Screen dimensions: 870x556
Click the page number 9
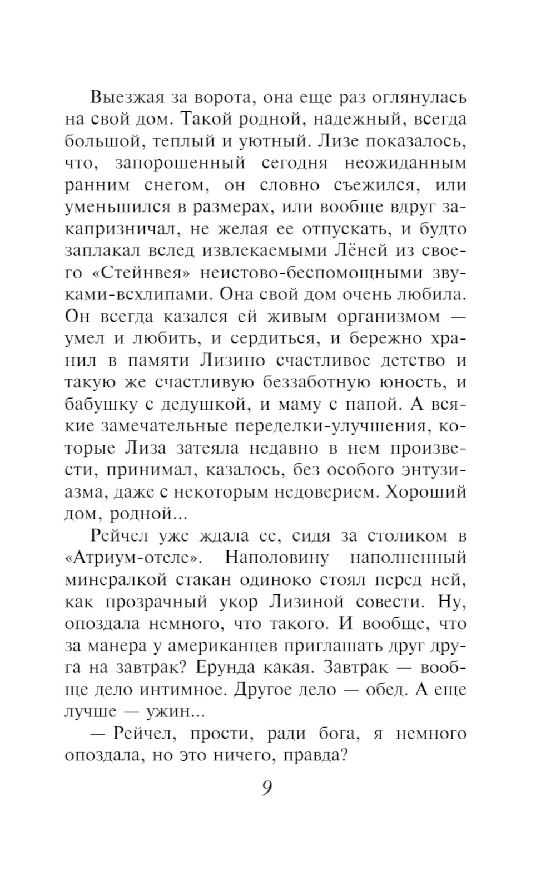(266, 788)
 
